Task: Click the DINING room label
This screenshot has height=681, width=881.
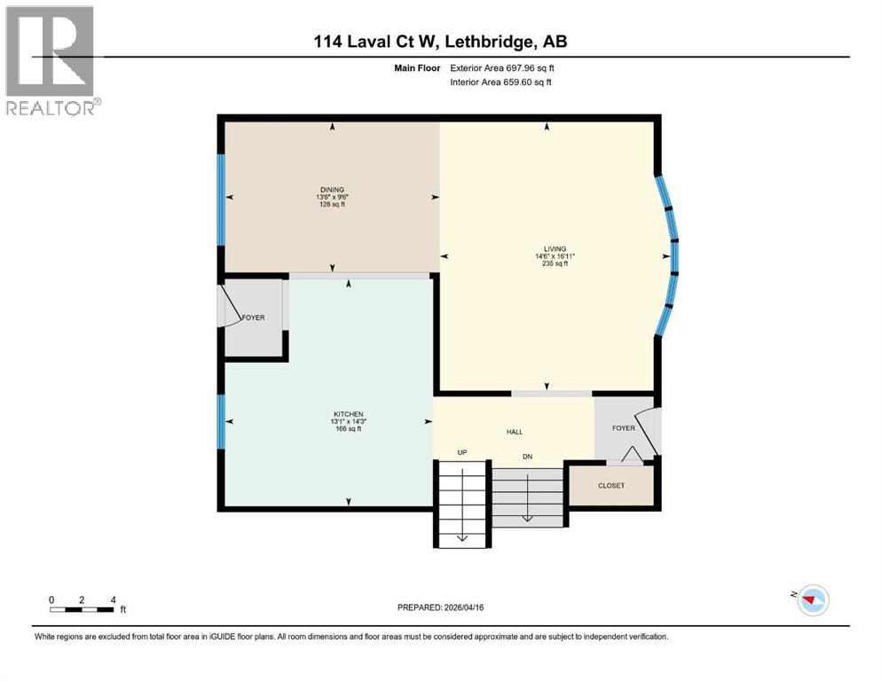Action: click(x=332, y=188)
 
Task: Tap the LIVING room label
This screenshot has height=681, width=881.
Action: click(x=556, y=248)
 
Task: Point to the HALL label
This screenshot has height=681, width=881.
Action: click(x=515, y=432)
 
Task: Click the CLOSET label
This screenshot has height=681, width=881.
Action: click(x=611, y=486)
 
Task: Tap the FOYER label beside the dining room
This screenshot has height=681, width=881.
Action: click(x=253, y=317)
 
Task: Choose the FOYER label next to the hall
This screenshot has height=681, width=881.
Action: click(x=624, y=427)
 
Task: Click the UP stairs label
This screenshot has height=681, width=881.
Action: click(x=461, y=452)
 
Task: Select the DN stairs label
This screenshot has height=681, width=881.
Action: click(x=527, y=457)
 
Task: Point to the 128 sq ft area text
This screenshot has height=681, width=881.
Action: click(x=332, y=204)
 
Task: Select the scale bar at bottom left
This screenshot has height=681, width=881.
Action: click(x=83, y=609)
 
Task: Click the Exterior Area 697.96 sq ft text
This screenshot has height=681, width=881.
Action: click(x=501, y=68)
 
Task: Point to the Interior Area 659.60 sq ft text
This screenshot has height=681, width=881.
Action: click(x=501, y=82)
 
